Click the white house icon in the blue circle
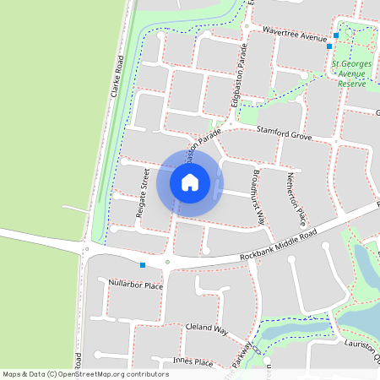coord(190,182)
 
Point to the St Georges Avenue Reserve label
coord(351,73)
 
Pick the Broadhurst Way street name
coord(258,194)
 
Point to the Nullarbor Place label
coord(136,285)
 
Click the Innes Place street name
coord(193,361)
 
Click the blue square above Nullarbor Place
coord(143,266)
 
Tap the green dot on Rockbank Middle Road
coord(167,262)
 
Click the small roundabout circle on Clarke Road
coord(85,249)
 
